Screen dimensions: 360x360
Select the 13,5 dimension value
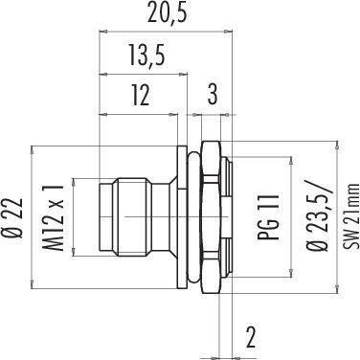click(147, 56)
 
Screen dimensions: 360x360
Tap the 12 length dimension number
click(140, 95)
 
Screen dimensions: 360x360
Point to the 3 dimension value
click(213, 95)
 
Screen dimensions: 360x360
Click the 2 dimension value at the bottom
click(251, 337)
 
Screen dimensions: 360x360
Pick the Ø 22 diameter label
click(14, 217)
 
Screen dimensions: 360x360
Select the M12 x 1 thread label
click(53, 216)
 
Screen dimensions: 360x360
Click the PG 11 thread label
click(269, 216)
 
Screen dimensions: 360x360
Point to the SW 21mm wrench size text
click(350, 216)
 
